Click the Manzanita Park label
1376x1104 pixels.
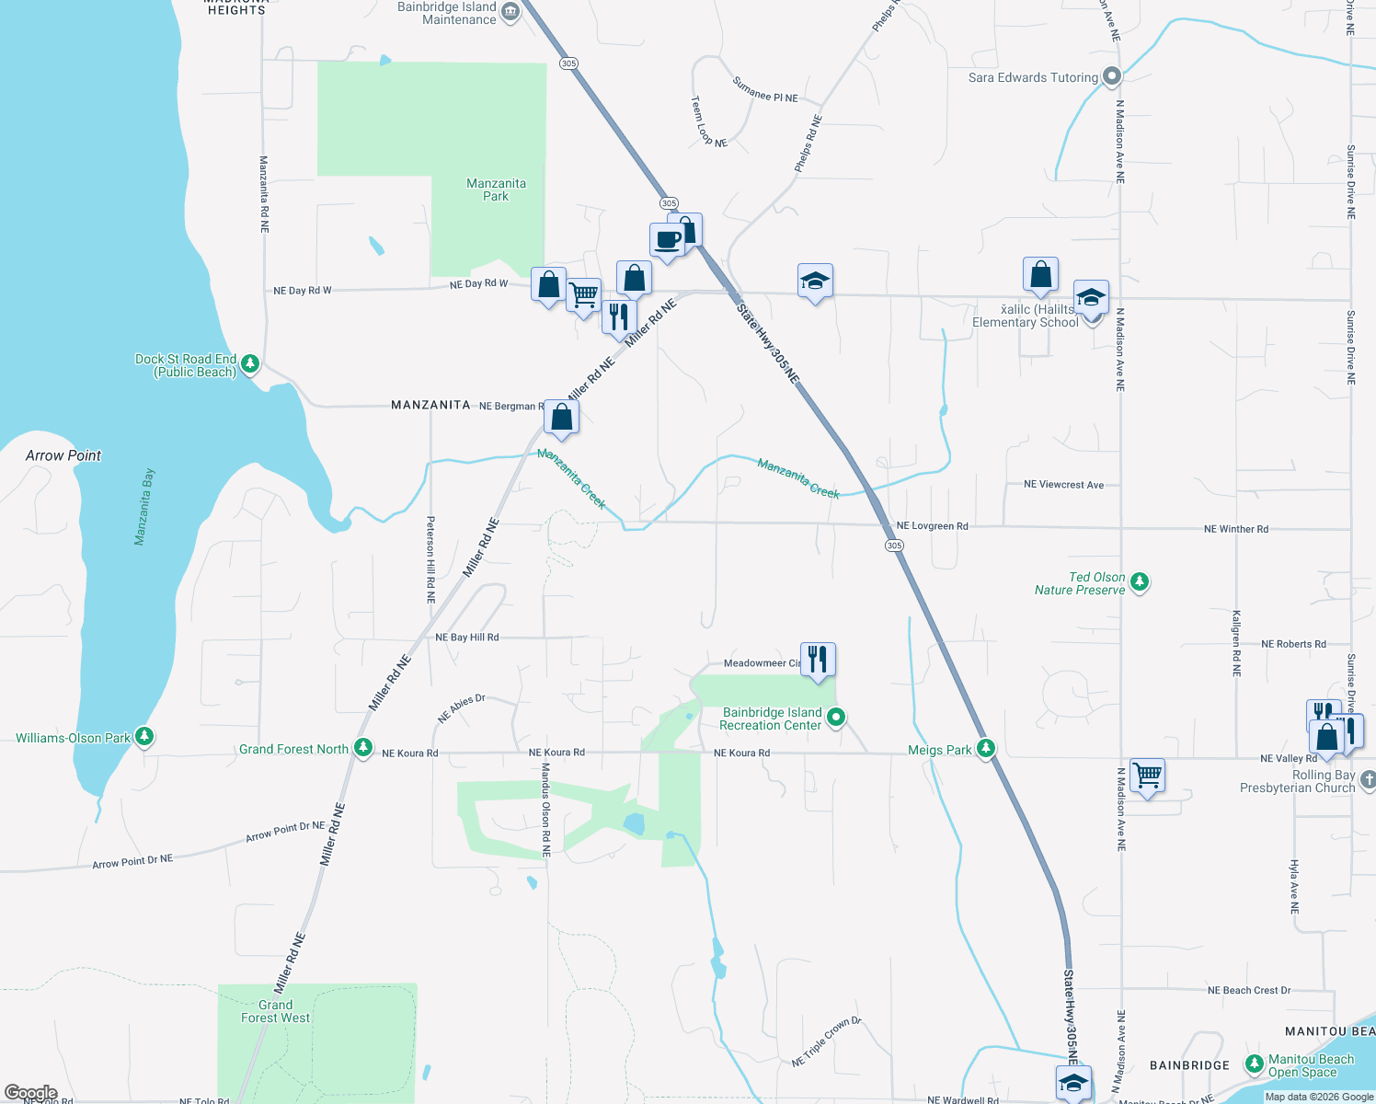[x=496, y=190]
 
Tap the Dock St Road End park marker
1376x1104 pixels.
[x=249, y=364]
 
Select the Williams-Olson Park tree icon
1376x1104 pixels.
[x=143, y=737]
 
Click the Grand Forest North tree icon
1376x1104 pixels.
[x=363, y=749]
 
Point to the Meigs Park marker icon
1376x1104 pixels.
[x=986, y=749]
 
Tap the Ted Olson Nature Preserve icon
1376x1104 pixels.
[x=1140, y=582]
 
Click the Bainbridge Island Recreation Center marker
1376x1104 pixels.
[x=836, y=718]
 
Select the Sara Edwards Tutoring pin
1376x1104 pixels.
[x=1112, y=77]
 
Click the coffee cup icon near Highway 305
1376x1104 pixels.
[x=668, y=241]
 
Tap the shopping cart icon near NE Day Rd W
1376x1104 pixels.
[x=584, y=295]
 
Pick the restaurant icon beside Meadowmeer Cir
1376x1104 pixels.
[x=818, y=659]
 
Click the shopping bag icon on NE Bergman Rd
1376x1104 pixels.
[x=561, y=418]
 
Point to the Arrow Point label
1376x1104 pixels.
[x=63, y=455]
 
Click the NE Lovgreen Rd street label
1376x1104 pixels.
[x=932, y=526]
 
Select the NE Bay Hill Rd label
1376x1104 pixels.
[x=467, y=637]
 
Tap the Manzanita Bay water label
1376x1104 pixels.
[x=144, y=507]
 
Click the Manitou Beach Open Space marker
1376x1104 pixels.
[x=1254, y=1064]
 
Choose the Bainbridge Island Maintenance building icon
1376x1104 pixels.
[x=510, y=12]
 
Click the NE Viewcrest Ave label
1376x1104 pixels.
[x=1063, y=485]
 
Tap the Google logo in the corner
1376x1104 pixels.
[x=30, y=1093]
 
